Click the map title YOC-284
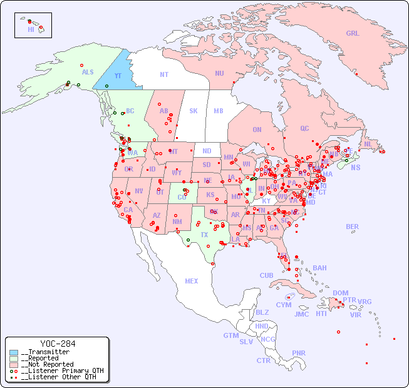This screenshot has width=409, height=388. (58, 344)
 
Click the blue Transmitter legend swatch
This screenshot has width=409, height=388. (14, 352)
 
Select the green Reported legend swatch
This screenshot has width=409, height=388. (14, 359)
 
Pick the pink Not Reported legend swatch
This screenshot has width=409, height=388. (14, 364)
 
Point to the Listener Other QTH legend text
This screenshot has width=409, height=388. (60, 377)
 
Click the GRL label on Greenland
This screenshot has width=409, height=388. (353, 34)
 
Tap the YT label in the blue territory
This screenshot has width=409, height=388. (117, 76)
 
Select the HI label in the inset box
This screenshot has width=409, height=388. (31, 29)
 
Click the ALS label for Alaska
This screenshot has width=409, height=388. (88, 73)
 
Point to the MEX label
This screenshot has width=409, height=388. (192, 281)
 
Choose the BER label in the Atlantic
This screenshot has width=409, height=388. (352, 227)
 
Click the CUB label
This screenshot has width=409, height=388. (266, 275)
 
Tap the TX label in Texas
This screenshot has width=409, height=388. (204, 235)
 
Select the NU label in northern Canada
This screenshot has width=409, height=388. (219, 73)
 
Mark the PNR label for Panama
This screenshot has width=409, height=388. (299, 353)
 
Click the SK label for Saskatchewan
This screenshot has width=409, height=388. (194, 111)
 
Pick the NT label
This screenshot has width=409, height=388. (164, 74)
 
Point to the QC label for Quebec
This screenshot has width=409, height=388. (304, 128)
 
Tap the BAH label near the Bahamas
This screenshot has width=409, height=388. (319, 268)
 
